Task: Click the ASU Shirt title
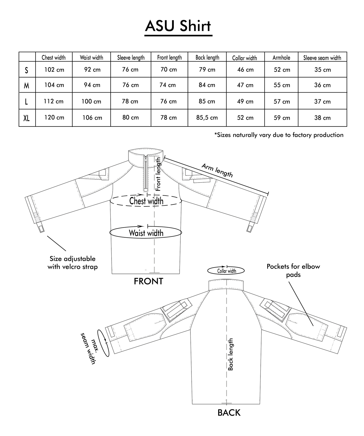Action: (178, 26)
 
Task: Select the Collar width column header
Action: (244, 58)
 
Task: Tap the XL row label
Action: (26, 118)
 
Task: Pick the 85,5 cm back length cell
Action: (207, 118)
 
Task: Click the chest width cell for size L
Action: (54, 101)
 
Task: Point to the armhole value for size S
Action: (282, 70)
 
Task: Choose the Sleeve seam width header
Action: (322, 58)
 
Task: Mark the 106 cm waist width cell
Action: (92, 118)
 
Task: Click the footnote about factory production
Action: (279, 135)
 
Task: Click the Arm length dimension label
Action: (217, 170)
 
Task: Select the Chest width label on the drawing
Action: (146, 201)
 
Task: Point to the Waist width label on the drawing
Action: (146, 233)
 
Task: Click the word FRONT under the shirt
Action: (148, 281)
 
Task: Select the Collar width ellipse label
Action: (226, 271)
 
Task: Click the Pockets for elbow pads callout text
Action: (293, 270)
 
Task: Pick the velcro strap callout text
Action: (73, 263)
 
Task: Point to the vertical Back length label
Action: (230, 354)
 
